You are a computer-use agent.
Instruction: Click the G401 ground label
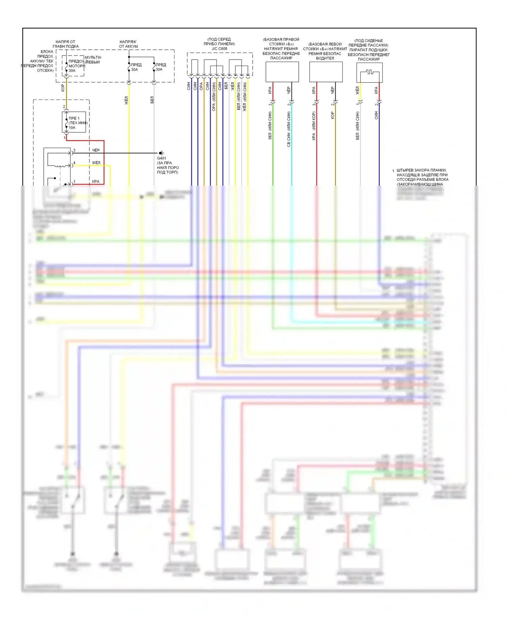pos(162,158)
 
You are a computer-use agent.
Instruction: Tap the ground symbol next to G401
pos(162,153)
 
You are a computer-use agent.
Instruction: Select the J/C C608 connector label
pos(219,49)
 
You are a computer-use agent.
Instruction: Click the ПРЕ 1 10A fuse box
pos(74,122)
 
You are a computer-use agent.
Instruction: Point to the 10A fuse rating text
pos(72,128)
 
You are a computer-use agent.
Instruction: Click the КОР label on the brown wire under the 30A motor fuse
pos(63,88)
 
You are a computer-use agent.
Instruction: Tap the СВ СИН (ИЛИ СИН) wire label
pos(289,129)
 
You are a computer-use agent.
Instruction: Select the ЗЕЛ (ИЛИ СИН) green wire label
pos(270,126)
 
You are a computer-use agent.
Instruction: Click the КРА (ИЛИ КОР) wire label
pos(314,126)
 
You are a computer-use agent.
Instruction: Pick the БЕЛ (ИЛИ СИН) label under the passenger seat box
pos(358,126)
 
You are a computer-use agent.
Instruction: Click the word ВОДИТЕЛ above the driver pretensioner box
pos(325,58)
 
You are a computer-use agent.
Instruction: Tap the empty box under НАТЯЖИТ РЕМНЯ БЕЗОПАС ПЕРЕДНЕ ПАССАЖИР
pos(282,72)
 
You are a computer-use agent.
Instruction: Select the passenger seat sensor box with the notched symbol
pos(369,72)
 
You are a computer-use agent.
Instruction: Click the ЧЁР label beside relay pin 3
pos(96,150)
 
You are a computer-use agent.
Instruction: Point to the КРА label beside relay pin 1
pos(96,182)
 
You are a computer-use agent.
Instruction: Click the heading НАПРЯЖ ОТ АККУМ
pos(128,44)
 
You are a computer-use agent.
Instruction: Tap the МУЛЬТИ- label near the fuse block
pos(93,57)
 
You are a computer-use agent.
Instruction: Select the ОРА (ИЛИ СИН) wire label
pos(214,97)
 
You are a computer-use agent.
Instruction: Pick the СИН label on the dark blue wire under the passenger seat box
pos(376,115)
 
